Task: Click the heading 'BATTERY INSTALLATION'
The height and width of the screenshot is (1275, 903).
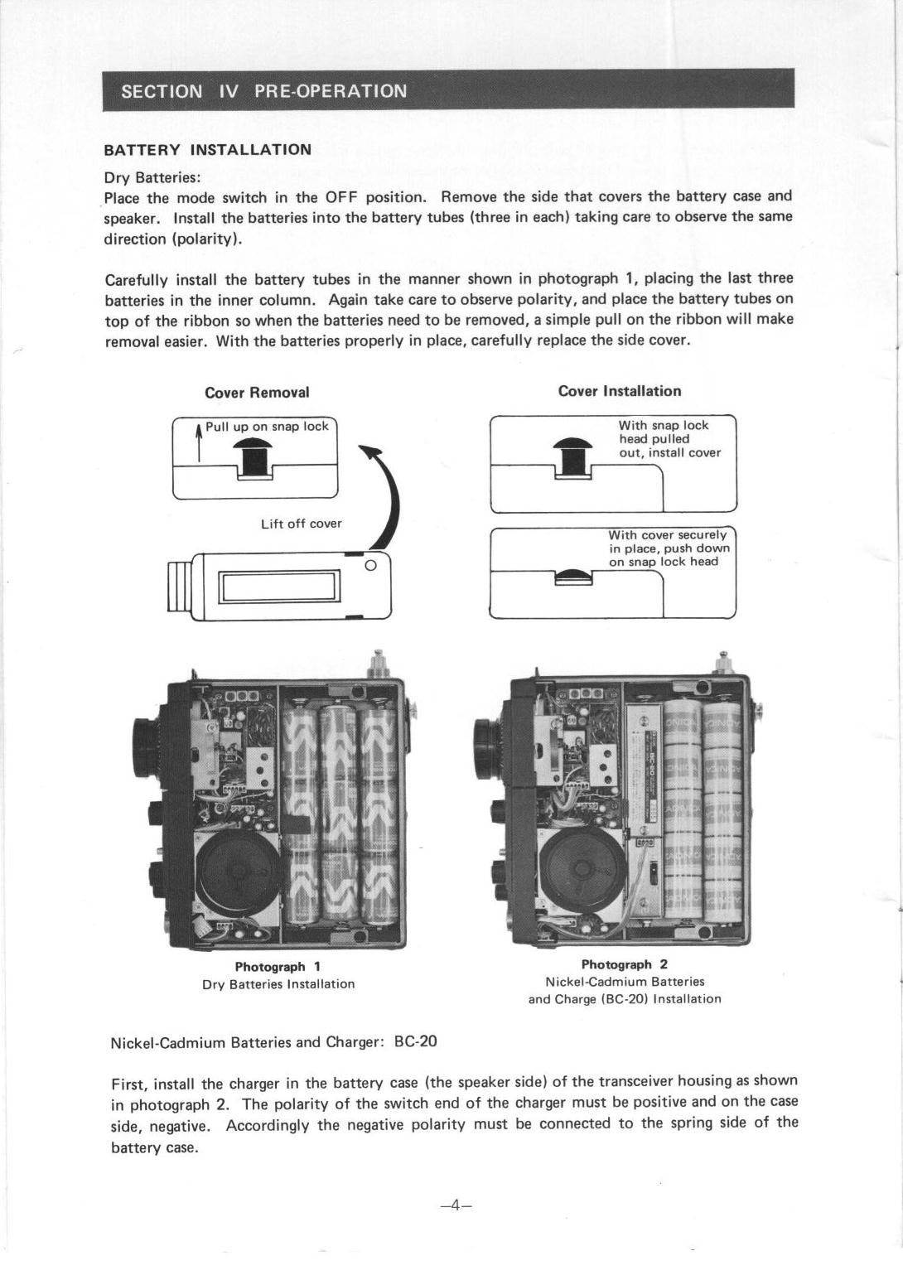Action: [207, 150]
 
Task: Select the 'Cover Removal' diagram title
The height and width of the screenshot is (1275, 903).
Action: [257, 392]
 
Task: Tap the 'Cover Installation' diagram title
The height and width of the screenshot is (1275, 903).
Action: [620, 391]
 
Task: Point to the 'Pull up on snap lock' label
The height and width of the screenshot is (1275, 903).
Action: [267, 427]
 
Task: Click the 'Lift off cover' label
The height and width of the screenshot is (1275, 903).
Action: [301, 524]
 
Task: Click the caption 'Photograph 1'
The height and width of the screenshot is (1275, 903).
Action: [278, 967]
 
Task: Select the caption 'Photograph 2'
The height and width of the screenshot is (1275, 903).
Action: [625, 964]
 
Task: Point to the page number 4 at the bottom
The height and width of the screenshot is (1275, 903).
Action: [456, 1205]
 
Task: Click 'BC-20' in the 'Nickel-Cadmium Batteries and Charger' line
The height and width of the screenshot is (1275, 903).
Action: [416, 1041]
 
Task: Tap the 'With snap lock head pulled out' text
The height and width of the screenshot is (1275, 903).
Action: [669, 439]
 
